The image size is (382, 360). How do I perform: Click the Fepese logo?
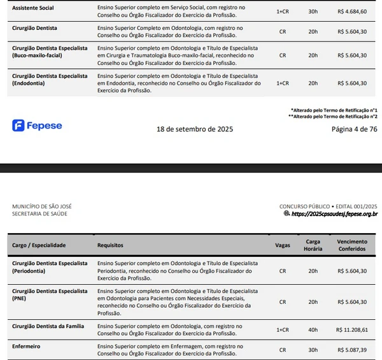pyautogui.click(x=37, y=126)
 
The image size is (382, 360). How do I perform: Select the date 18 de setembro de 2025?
pyautogui.click(x=195, y=129)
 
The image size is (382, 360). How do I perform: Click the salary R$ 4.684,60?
pyautogui.click(x=351, y=11)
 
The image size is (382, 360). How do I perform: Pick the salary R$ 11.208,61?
pyautogui.click(x=351, y=330)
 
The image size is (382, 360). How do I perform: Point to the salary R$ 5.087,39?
pyautogui.click(x=351, y=350)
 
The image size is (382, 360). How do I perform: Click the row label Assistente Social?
pyautogui.click(x=33, y=8)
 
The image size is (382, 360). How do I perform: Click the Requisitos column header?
pyautogui.click(x=110, y=245)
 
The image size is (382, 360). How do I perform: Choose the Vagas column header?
pyautogui.click(x=283, y=245)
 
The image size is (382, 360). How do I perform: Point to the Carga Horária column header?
pyautogui.click(x=313, y=245)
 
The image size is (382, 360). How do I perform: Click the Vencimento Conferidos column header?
pyautogui.click(x=351, y=245)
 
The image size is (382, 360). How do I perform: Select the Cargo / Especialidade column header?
pyautogui.click(x=39, y=245)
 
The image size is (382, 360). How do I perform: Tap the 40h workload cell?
pyautogui.click(x=313, y=330)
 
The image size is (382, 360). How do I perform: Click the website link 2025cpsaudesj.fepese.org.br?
pyautogui.click(x=334, y=214)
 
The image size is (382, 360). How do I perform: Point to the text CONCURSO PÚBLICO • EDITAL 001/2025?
pyautogui.click(x=328, y=206)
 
